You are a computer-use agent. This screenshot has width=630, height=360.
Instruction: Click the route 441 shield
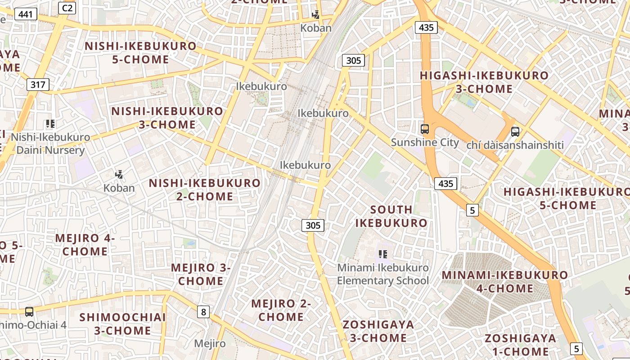pyautogui.click(x=26, y=14)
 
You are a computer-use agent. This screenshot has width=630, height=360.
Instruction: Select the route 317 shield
pyautogui.click(x=38, y=84)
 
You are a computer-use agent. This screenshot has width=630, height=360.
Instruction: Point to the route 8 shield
pyautogui.click(x=204, y=311)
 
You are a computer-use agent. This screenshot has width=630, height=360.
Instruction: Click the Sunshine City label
pyautogui.click(x=425, y=143)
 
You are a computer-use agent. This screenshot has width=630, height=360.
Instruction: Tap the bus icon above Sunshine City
pyautogui.click(x=424, y=129)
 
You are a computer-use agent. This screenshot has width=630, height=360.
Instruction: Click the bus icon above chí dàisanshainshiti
pyautogui.click(x=515, y=132)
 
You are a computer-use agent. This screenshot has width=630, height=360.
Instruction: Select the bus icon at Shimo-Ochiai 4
pyautogui.click(x=29, y=311)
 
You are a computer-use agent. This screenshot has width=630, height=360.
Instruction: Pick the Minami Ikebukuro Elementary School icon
pyautogui.click(x=383, y=254)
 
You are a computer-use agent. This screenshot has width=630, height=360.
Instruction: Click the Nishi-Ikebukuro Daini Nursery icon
pyautogui.click(x=50, y=124)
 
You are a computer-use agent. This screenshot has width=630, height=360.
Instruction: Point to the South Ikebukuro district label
pyautogui.click(x=391, y=216)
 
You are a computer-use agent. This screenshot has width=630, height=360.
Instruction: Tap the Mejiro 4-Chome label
pyautogui.click(x=85, y=245)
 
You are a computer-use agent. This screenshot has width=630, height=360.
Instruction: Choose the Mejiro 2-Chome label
pyautogui.click(x=281, y=310)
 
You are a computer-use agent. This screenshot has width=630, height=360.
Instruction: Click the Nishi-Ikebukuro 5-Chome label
pyautogui.click(x=140, y=53)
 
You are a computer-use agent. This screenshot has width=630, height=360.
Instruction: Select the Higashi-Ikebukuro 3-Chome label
pyautogui.click(x=484, y=82)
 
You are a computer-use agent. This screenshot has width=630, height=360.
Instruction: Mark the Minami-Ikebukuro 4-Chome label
pyautogui.click(x=504, y=281)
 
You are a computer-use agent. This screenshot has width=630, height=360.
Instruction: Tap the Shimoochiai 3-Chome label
pyautogui.click(x=122, y=324)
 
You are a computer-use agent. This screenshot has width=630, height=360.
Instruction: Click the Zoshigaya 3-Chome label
pyautogui.click(x=378, y=331)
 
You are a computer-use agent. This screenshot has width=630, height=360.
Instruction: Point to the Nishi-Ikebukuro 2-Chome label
pyautogui.click(x=205, y=189)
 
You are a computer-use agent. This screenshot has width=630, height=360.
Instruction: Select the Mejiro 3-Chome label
pyautogui.click(x=201, y=274)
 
